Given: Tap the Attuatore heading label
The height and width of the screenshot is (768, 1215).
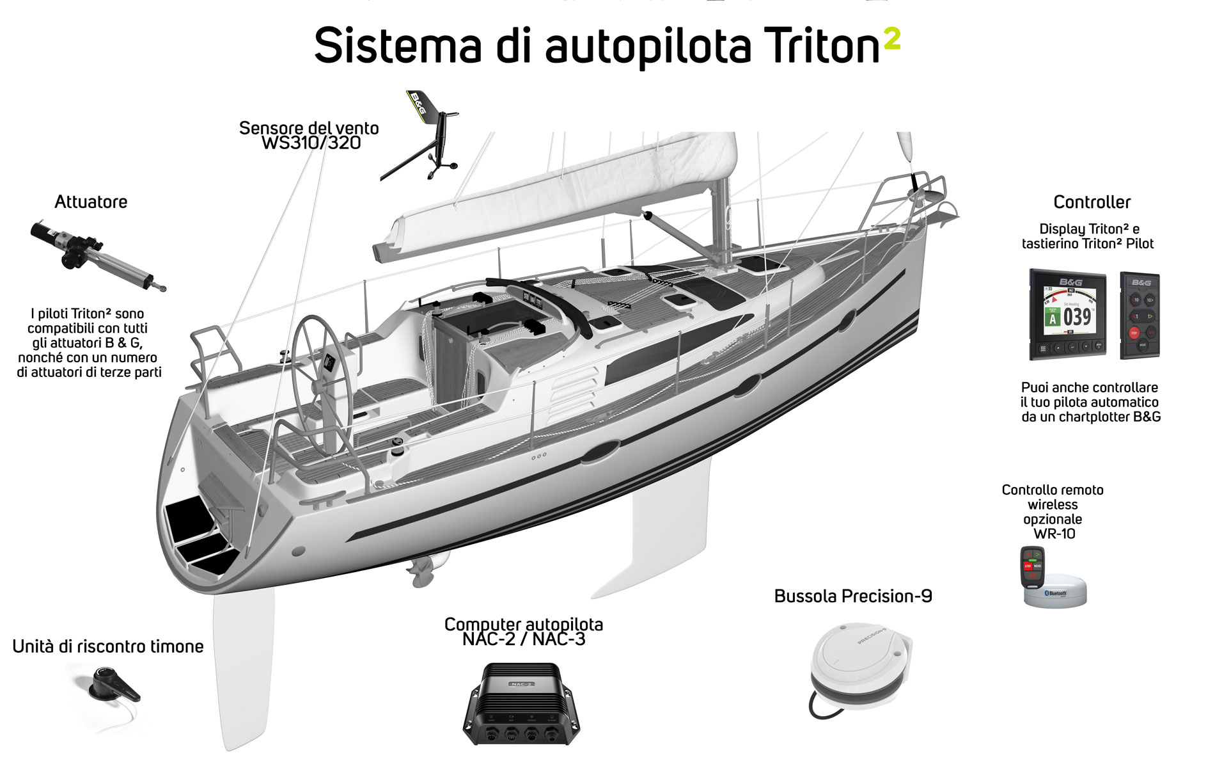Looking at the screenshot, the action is [91, 202].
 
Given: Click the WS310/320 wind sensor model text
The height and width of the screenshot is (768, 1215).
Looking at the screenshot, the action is [311, 143].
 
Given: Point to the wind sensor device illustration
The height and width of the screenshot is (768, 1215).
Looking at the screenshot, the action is [422, 138].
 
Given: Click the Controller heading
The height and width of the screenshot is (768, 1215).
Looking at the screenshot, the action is [1092, 202].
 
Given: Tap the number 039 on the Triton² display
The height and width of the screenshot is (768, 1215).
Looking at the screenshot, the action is [1077, 317].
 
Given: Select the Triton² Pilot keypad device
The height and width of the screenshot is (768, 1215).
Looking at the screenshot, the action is [1140, 315].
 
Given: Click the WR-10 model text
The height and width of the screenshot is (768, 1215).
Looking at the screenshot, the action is [1054, 534].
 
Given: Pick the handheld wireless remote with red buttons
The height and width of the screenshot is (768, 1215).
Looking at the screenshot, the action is [1032, 567].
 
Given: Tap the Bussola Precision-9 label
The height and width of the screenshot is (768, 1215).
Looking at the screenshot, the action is [853, 596].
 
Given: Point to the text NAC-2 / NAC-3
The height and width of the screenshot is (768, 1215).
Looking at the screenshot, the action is [524, 639].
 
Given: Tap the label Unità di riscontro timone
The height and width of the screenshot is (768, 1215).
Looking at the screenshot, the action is [108, 646].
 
